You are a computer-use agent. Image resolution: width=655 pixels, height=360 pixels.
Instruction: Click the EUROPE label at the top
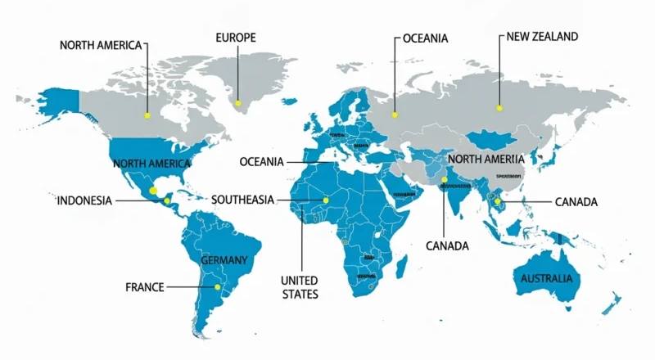click(x=236, y=38)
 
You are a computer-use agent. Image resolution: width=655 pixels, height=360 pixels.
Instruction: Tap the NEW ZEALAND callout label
click(x=542, y=37)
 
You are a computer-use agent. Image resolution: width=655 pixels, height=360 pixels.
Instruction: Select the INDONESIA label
click(x=84, y=200)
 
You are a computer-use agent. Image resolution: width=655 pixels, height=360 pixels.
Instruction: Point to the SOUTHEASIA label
click(x=243, y=200)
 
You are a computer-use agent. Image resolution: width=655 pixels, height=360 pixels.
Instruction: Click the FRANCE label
click(x=145, y=287)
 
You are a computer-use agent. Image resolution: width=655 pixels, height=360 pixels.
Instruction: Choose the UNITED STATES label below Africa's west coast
click(x=299, y=286)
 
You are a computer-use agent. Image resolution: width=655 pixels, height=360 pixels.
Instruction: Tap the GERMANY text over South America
click(x=224, y=260)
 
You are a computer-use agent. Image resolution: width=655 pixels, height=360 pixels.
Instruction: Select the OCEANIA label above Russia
click(x=426, y=38)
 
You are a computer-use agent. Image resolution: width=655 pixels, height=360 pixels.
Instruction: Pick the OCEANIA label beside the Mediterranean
click(x=261, y=162)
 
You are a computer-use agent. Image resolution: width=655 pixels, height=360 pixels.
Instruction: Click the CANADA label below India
click(x=447, y=245)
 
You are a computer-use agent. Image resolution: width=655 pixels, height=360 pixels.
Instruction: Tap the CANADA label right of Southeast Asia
click(x=576, y=201)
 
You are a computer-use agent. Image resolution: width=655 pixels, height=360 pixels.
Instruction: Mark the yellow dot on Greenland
click(x=238, y=103)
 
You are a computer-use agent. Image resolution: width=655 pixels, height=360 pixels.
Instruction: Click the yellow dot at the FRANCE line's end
click(x=216, y=287)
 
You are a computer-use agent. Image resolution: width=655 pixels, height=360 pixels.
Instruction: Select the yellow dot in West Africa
click(x=325, y=200)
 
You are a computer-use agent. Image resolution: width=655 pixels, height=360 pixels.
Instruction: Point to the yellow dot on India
click(x=445, y=180)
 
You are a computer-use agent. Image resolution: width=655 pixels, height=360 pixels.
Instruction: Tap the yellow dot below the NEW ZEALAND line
click(x=498, y=106)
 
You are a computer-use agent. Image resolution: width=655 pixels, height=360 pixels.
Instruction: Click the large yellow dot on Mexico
click(x=153, y=189)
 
